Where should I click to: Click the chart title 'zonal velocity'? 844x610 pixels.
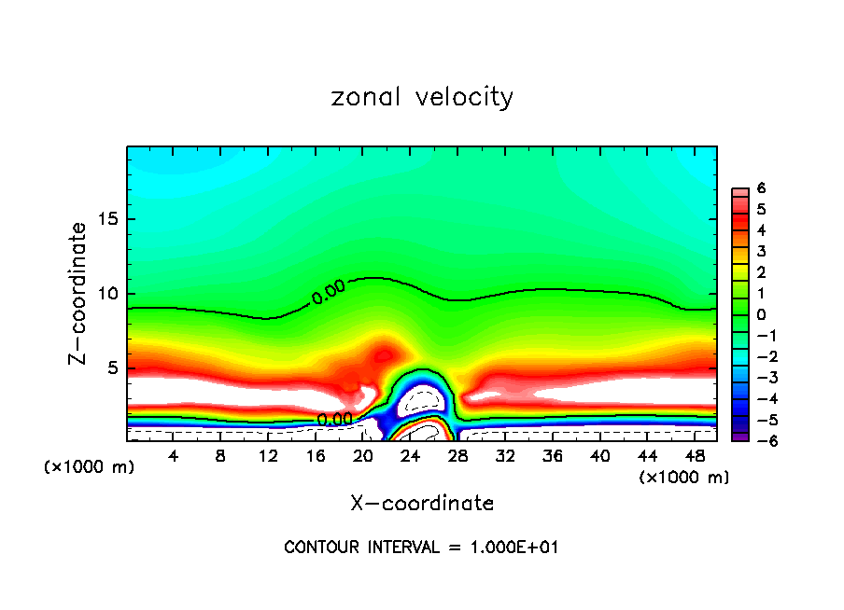point(422,97)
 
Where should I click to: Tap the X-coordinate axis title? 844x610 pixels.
point(422,504)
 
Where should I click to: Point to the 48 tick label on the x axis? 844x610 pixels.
point(694,457)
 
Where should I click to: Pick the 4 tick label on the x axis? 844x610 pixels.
point(174,457)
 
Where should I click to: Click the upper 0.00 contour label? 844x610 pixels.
point(329,293)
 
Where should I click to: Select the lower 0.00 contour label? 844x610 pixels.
point(335,420)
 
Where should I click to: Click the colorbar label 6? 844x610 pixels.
point(762,188)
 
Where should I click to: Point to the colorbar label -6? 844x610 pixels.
point(758,440)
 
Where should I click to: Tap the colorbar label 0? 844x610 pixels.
point(762,314)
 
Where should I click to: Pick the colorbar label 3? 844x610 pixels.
point(762,251)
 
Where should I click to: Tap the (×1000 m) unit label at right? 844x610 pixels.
point(684,478)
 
